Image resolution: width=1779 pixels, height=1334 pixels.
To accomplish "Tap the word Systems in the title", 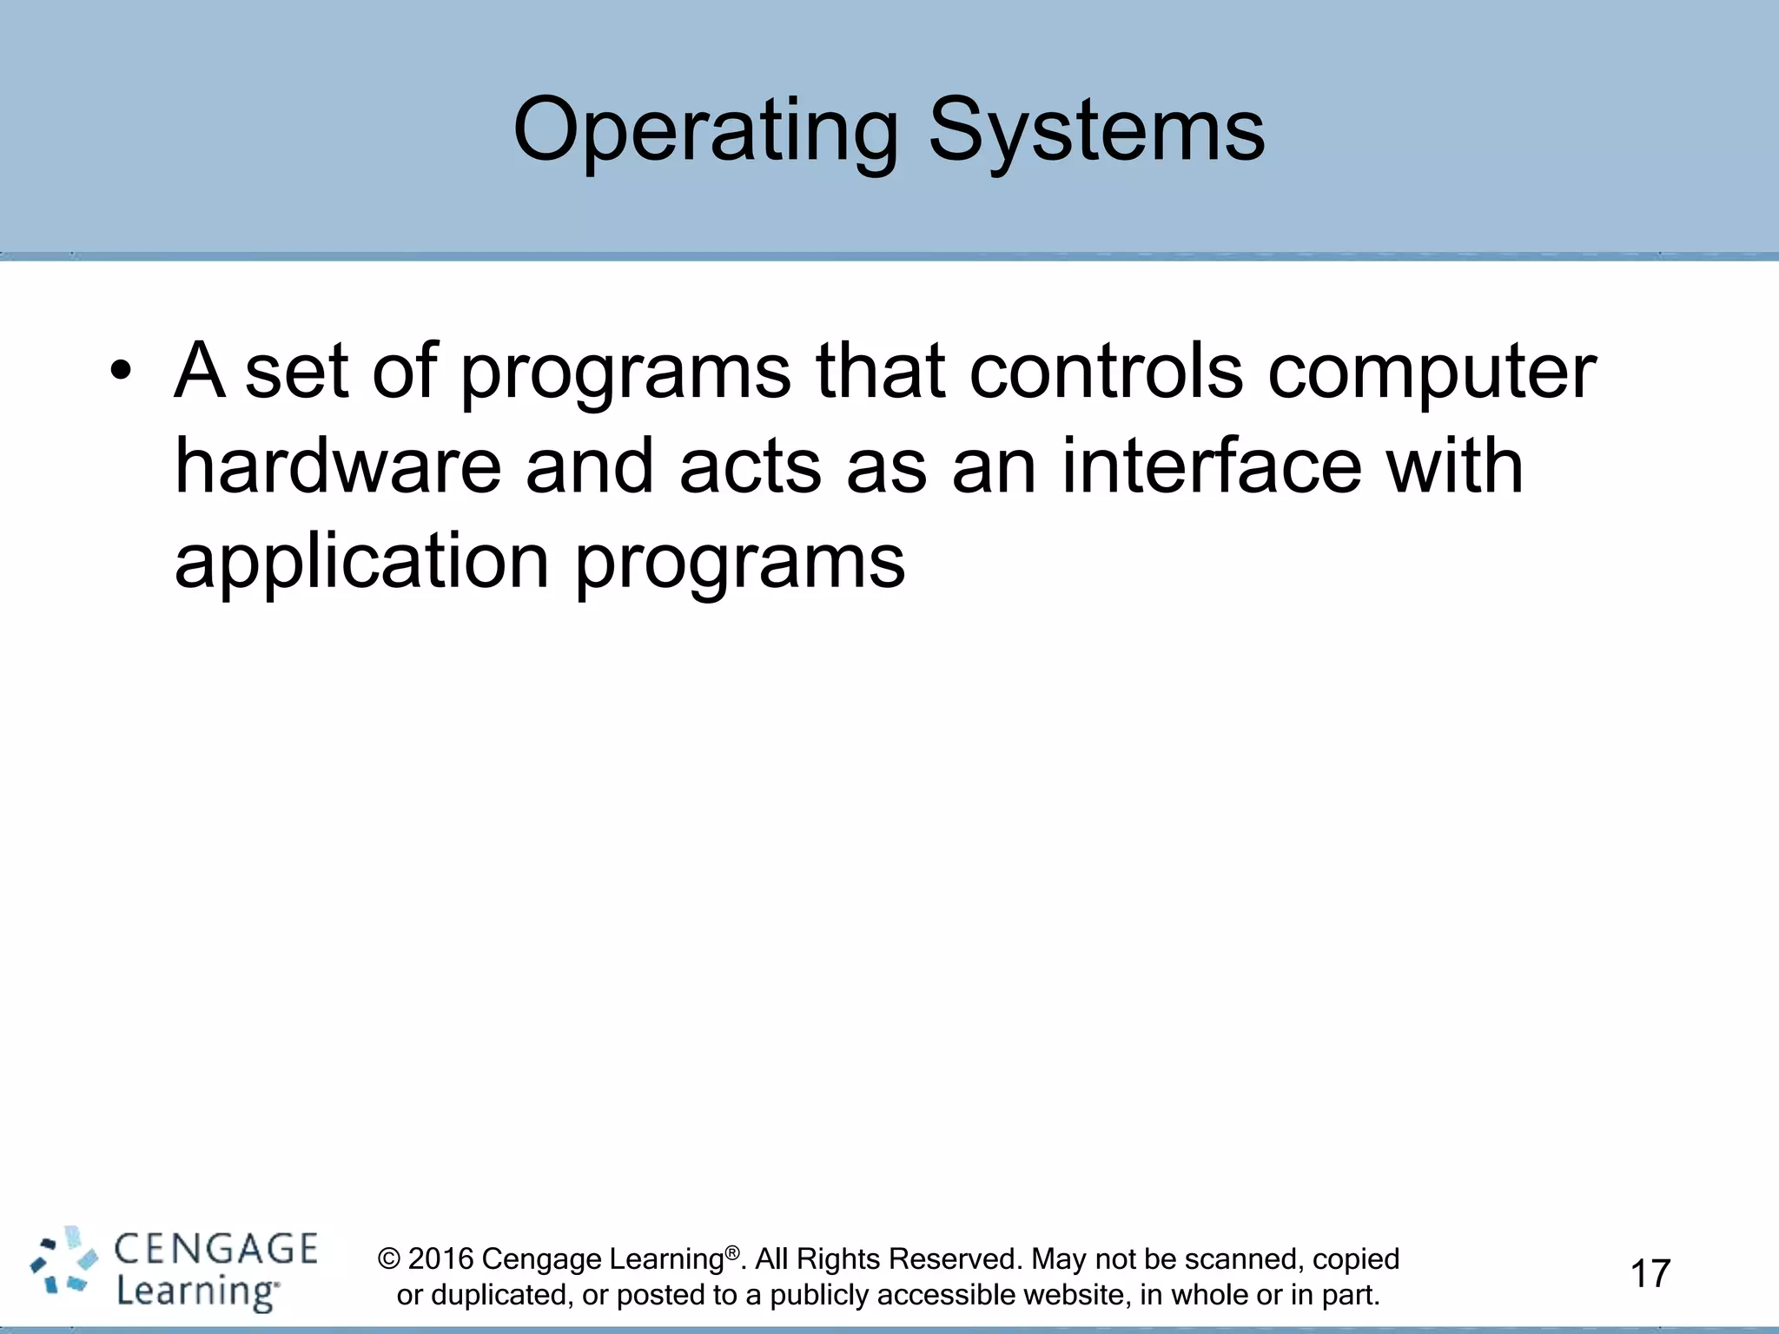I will coord(1096,132).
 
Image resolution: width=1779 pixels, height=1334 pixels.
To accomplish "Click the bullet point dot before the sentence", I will coord(121,372).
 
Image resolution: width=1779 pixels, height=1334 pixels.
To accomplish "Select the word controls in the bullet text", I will coord(1105,372).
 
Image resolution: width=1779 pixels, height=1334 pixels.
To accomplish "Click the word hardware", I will coord(338,466).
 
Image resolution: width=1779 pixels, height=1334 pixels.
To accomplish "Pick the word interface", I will coord(1211,466).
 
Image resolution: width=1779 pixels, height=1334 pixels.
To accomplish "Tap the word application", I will coord(361,563).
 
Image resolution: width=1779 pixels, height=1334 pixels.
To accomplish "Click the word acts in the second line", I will coord(749,468).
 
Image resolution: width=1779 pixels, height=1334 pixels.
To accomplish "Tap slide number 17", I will coord(1650,1274).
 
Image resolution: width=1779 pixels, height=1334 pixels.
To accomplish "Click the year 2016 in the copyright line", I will coord(440,1258).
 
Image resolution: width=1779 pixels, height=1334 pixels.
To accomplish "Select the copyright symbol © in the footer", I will coord(391,1259).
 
